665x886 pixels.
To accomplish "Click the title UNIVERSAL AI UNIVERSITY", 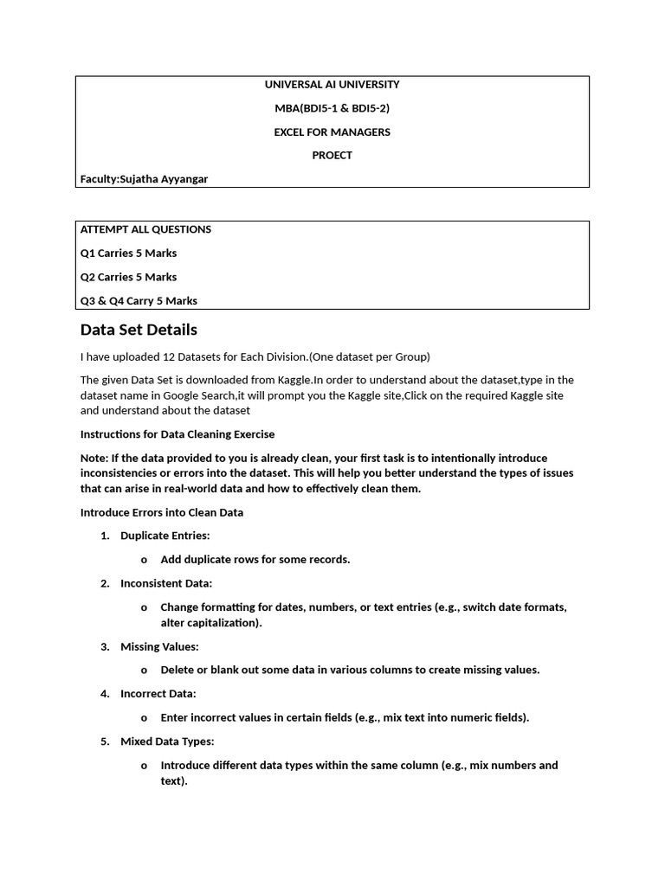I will click(x=332, y=85).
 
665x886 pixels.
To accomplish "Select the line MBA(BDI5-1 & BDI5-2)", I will click(x=332, y=108).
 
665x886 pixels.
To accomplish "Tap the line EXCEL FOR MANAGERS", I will click(x=332, y=132).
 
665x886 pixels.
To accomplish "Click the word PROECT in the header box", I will click(x=332, y=156).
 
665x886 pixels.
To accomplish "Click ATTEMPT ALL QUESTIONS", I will click(x=145, y=230).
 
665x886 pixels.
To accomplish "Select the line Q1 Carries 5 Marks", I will click(x=128, y=254).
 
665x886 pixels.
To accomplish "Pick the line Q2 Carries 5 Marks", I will click(x=128, y=277).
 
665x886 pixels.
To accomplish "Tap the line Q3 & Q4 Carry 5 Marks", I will click(x=139, y=301).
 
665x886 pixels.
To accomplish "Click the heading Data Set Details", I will click(x=139, y=330).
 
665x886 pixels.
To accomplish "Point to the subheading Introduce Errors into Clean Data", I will click(x=162, y=512).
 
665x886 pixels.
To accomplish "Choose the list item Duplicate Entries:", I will click(x=165, y=536).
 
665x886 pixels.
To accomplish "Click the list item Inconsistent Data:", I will click(x=166, y=583).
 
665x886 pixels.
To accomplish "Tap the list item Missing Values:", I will click(x=159, y=646).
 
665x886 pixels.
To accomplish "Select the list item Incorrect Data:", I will click(x=158, y=693).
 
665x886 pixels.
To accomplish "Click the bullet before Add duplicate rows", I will click(x=144, y=560).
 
